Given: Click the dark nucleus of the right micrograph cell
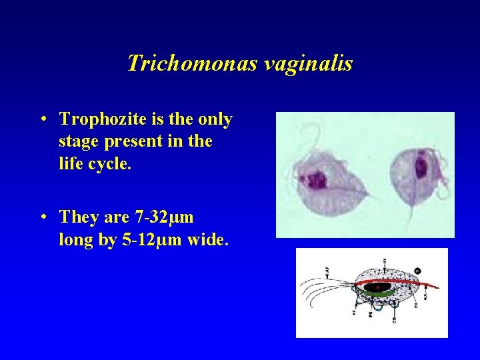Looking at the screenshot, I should [x=421, y=167].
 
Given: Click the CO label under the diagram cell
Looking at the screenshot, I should [x=395, y=320].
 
